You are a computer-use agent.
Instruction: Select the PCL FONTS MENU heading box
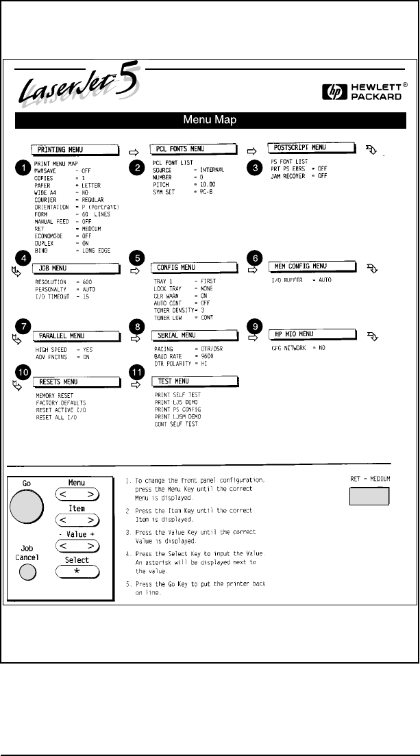(192, 149)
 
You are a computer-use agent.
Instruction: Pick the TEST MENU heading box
(192, 381)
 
